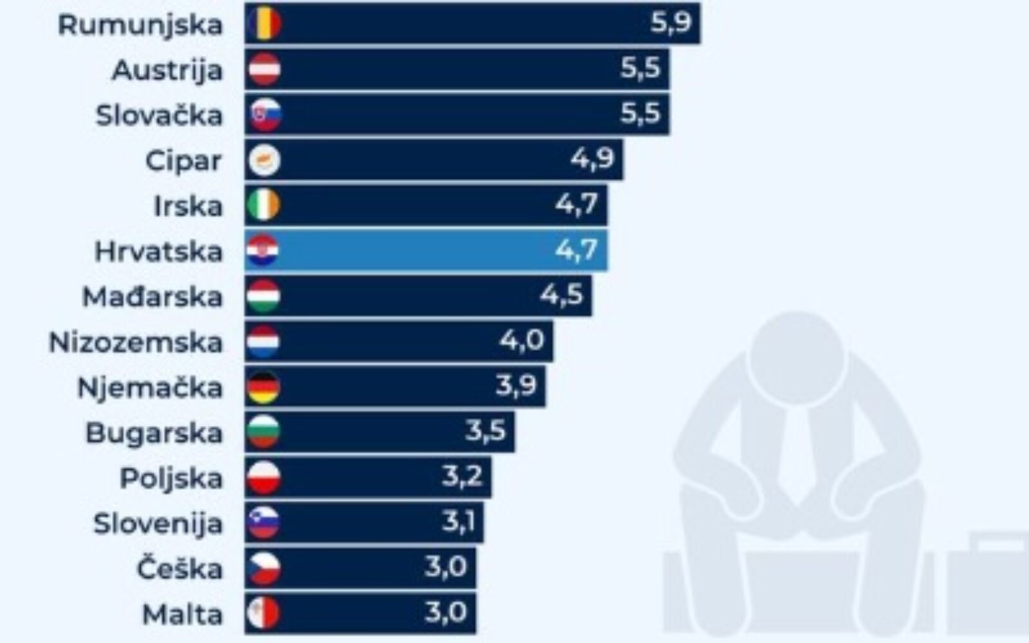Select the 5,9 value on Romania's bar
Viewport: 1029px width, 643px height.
click(x=670, y=23)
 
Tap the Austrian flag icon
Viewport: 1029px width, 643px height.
click(x=264, y=69)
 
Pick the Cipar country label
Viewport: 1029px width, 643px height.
click(x=183, y=161)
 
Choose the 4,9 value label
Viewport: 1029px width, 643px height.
click(x=592, y=158)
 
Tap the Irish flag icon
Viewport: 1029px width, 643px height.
click(x=264, y=205)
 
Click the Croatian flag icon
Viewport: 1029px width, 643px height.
click(x=263, y=251)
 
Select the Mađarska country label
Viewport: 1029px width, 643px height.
click(x=152, y=297)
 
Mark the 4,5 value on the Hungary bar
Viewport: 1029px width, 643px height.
click(x=561, y=295)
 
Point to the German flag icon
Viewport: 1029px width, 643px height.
click(x=264, y=387)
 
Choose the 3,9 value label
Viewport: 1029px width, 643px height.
click(x=516, y=386)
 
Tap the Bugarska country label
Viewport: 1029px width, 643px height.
click(x=154, y=433)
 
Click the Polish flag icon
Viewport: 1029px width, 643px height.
click(x=264, y=478)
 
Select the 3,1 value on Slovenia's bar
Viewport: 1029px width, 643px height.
click(x=459, y=521)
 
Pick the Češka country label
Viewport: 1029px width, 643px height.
click(x=179, y=569)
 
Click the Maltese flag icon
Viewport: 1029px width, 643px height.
click(x=264, y=614)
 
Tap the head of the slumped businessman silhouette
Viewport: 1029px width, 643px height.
click(x=796, y=360)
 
